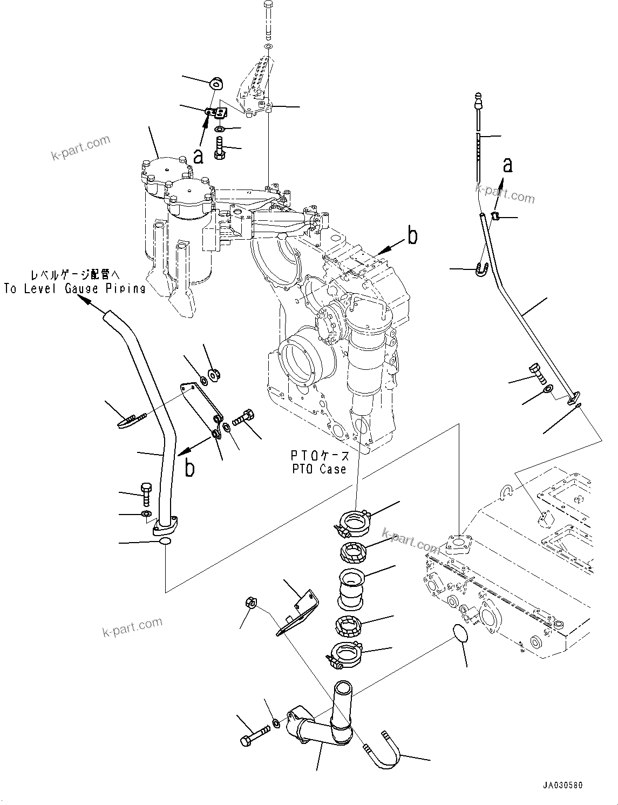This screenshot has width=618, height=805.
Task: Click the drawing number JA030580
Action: click(563, 786)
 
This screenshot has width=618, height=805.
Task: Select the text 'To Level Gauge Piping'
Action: click(74, 288)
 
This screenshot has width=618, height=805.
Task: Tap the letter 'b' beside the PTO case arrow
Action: click(412, 236)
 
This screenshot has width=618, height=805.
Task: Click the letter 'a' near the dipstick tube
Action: click(507, 165)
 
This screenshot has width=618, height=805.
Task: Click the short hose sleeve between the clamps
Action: click(352, 588)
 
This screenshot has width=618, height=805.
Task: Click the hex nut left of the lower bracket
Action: click(250, 602)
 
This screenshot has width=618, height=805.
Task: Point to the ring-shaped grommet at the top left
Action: click(216, 83)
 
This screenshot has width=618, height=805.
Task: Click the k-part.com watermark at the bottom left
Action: click(132, 627)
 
